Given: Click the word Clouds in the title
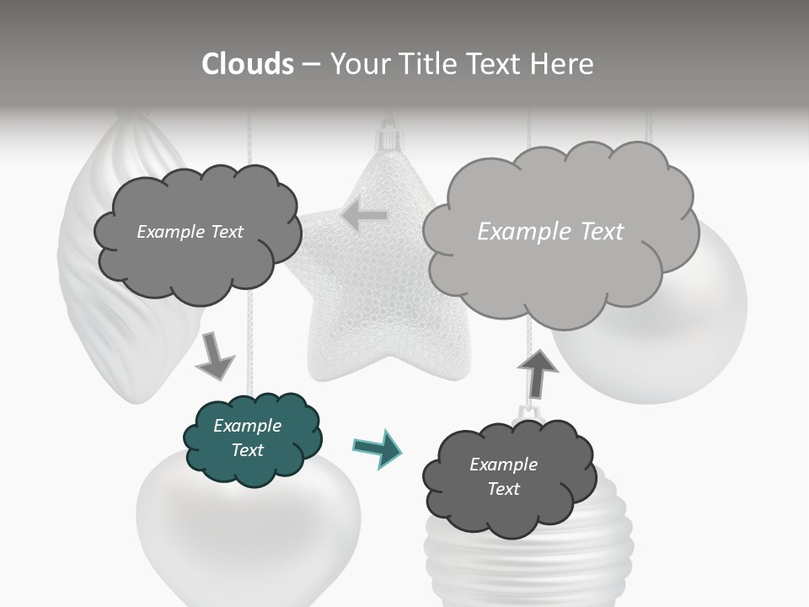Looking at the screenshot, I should click(248, 64).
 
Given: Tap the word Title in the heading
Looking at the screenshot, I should click(431, 64).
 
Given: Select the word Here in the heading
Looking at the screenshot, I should click(561, 64).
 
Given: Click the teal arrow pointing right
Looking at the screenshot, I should click(377, 449).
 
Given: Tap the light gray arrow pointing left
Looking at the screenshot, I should click(364, 216).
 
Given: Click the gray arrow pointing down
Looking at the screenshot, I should click(214, 355).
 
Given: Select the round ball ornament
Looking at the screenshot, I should click(674, 337).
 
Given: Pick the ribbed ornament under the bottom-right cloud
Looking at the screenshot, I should click(506, 565).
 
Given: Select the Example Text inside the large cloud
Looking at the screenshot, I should click(550, 232).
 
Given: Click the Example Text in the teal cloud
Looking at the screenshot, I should click(247, 438).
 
